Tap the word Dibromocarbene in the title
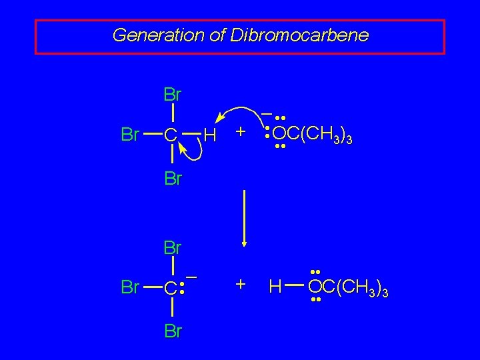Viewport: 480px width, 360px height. pos(299,35)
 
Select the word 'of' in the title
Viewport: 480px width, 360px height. pos(217,35)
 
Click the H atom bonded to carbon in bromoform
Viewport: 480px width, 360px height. pos(210,136)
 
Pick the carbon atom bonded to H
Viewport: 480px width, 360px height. pos(171,136)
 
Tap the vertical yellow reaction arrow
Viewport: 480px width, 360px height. pos(245,217)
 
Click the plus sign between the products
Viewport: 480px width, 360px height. pos(241,285)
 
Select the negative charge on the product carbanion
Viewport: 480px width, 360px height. pos(191,275)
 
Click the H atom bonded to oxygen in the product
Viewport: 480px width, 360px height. pos(275,287)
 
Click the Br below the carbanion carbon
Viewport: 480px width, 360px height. pos(172,331)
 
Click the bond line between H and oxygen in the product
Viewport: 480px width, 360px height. pos(295,287)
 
